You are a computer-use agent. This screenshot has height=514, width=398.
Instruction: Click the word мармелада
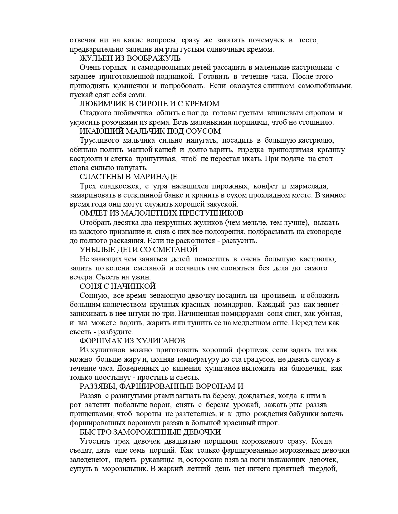click(x=309, y=186)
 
